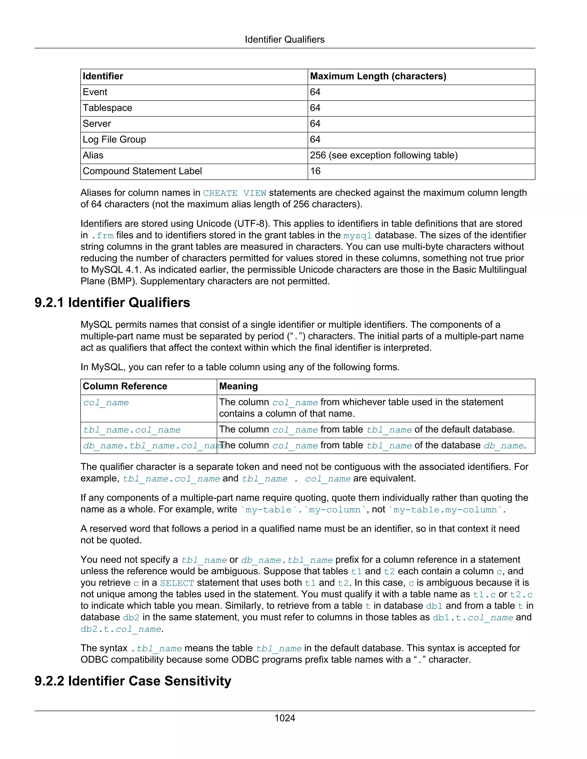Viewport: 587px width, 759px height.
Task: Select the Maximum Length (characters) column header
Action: pyautogui.click(x=378, y=76)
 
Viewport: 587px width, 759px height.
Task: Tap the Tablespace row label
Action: pyautogui.click(x=107, y=108)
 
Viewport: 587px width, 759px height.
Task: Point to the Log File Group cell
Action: pyautogui.click(x=114, y=140)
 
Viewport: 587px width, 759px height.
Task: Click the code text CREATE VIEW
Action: pyautogui.click(x=234, y=193)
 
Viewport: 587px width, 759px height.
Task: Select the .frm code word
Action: pyautogui.click(x=102, y=236)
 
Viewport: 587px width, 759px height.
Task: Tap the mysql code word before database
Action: pyautogui.click(x=357, y=236)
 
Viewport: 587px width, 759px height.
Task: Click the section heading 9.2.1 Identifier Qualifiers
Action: pyautogui.click(x=112, y=303)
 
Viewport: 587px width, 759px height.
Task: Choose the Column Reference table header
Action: pyautogui.click(x=125, y=386)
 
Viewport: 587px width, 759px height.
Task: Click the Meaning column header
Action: pyautogui.click(x=238, y=386)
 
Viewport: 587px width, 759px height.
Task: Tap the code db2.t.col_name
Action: pyautogui.click(x=121, y=629)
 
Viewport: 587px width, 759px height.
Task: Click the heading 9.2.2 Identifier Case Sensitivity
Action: pyautogui.click(x=132, y=681)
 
